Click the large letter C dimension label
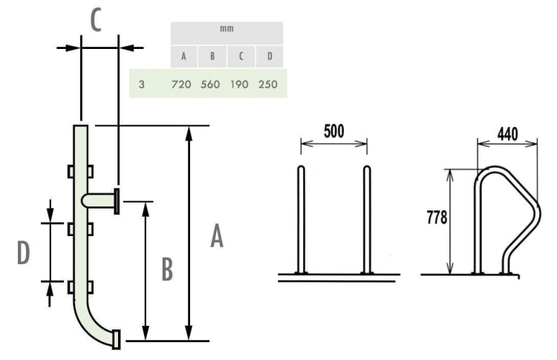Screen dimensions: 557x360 click(96, 20)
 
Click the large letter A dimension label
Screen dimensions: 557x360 click(217, 236)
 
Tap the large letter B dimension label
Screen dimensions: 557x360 click(167, 269)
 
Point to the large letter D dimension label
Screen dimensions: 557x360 click(24, 252)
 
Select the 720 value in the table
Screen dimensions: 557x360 click(181, 84)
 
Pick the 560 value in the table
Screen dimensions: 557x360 click(210, 84)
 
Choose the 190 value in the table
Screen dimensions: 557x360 click(239, 84)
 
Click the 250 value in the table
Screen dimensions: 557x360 click(268, 84)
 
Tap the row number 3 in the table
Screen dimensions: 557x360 click(142, 84)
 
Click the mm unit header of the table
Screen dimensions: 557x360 click(227, 29)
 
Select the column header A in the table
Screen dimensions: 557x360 click(183, 56)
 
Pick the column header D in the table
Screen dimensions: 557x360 click(270, 56)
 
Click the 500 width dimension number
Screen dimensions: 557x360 click(334, 131)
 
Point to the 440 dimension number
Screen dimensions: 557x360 click(508, 134)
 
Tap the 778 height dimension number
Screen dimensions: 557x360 click(437, 217)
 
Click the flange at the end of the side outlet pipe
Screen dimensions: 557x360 click(117, 201)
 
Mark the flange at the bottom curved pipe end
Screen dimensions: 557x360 click(116, 339)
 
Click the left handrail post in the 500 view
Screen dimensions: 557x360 click(301, 220)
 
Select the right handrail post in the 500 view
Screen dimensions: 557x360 click(367, 220)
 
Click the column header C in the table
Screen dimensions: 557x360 click(241, 56)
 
